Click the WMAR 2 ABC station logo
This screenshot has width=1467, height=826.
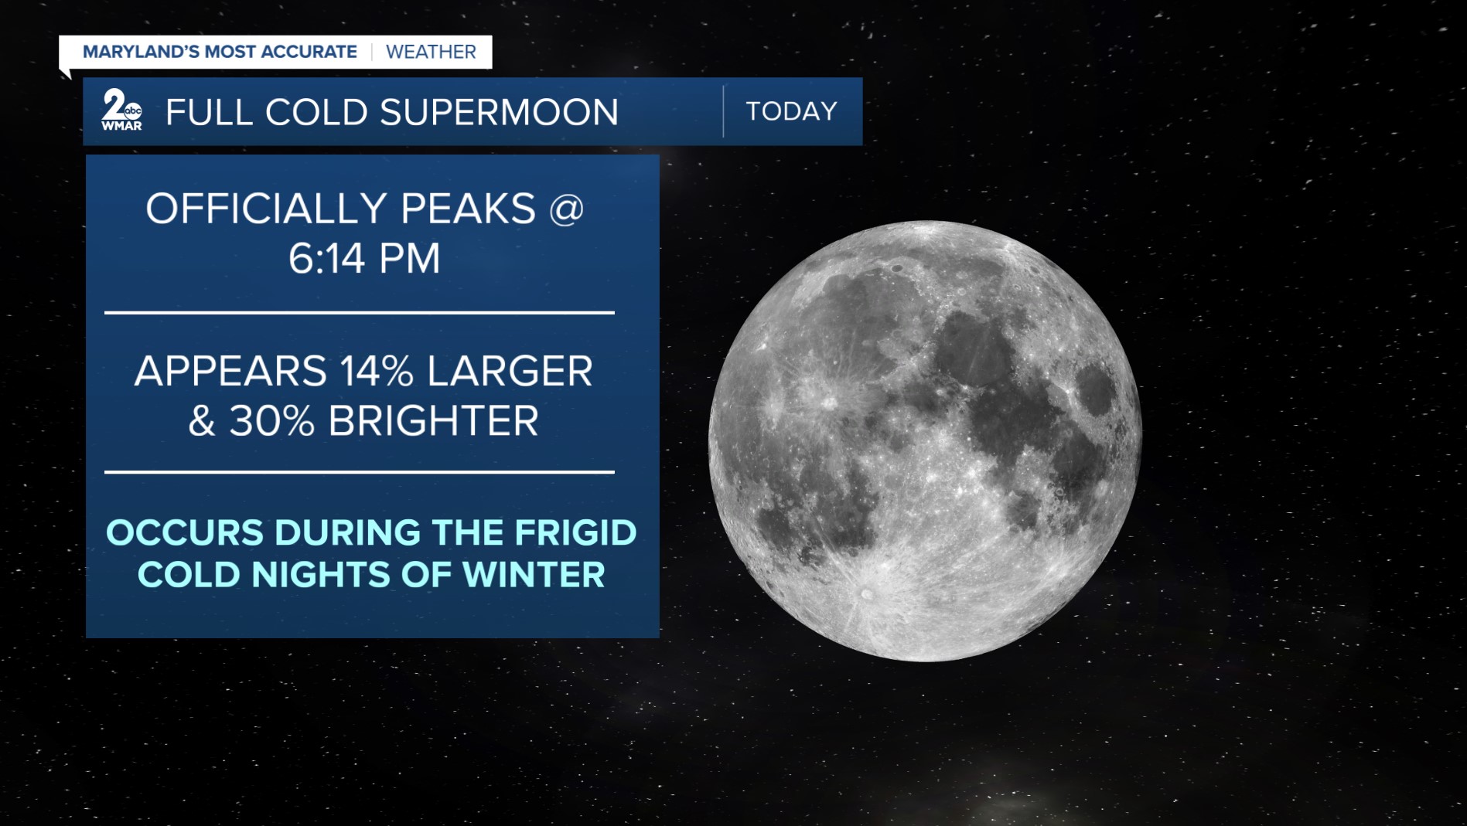point(121,110)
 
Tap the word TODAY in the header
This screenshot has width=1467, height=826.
point(791,111)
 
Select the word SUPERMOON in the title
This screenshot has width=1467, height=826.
point(500,112)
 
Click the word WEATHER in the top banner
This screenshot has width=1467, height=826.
point(431,52)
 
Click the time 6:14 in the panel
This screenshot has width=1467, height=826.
point(326,258)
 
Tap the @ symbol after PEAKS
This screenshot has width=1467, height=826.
point(566,209)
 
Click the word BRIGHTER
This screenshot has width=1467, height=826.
point(434,421)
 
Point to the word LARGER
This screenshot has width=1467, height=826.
point(510,371)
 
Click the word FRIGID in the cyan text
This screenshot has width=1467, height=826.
point(575,533)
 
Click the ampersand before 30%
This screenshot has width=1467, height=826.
point(202,421)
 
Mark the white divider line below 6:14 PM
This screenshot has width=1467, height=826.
point(360,313)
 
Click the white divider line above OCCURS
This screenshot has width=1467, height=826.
point(360,471)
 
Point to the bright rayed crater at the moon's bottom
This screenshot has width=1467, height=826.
point(866,594)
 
